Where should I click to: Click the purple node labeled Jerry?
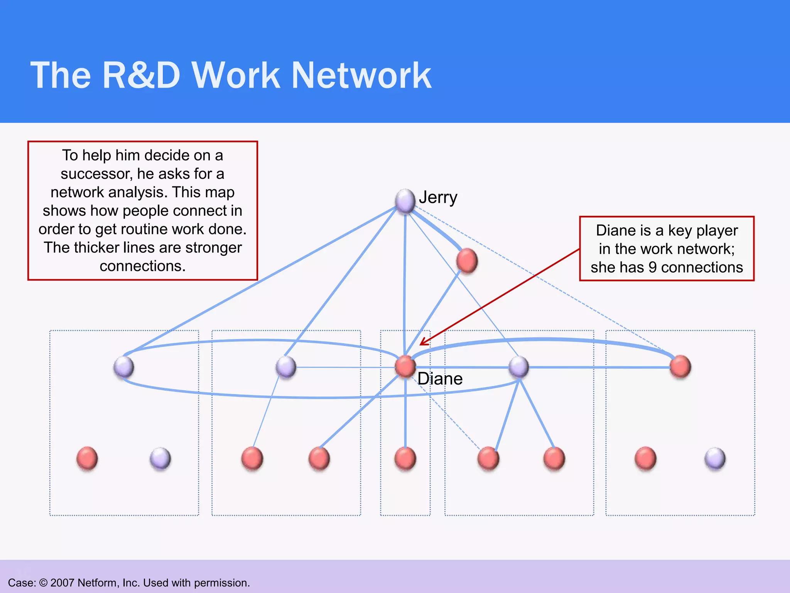coord(405,200)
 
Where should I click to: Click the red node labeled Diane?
coord(405,366)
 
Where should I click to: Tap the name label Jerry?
coord(438,198)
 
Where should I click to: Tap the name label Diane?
coord(440,379)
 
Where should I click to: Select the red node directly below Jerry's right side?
coord(467,261)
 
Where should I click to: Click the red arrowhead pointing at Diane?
coord(424,342)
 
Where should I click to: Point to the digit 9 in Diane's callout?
coord(653,268)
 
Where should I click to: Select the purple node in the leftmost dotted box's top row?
coord(124,367)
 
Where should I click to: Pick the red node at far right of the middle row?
coord(680,366)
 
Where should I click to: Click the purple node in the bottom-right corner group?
coord(715,458)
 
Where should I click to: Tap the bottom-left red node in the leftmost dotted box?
coord(87,458)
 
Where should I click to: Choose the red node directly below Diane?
coord(405,458)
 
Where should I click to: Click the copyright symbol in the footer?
coord(43,583)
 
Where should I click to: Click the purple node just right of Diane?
coord(519,367)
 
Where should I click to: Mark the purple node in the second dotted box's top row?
coord(286,367)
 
